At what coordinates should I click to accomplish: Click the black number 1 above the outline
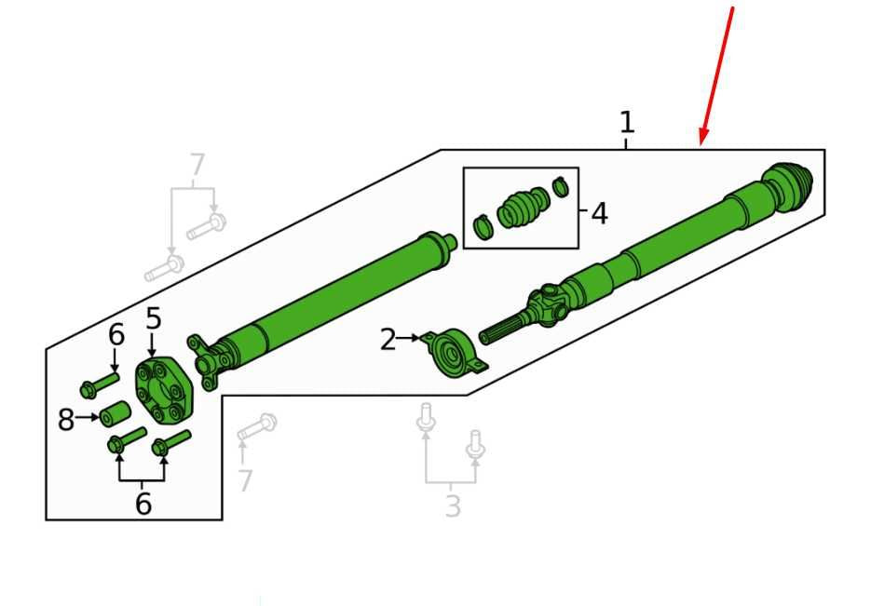[627, 123]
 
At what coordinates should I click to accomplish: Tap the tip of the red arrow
[701, 145]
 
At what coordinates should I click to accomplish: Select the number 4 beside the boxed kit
[599, 214]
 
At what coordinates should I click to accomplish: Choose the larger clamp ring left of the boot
[483, 227]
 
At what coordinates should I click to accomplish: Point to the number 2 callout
[388, 340]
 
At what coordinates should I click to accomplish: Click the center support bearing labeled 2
[454, 353]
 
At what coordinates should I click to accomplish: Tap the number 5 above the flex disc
[154, 318]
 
